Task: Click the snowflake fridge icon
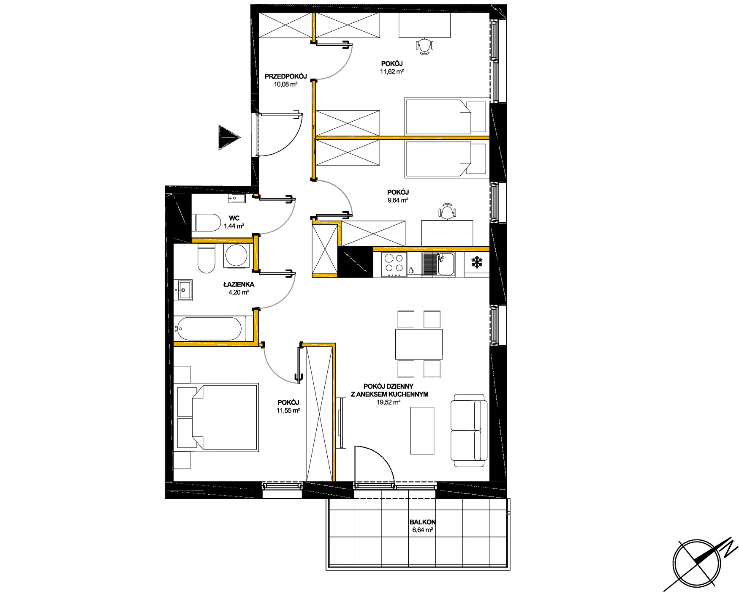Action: pyautogui.click(x=477, y=262)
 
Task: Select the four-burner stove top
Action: pyautogui.click(x=394, y=264)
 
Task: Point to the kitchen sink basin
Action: pyautogui.click(x=446, y=264)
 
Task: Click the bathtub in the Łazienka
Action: pyautogui.click(x=209, y=328)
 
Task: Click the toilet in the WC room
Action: pyautogui.click(x=206, y=223)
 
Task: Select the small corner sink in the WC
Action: pyautogui.click(x=236, y=198)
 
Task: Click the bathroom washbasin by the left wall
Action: pyautogui.click(x=185, y=290)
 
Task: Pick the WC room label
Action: pyautogui.click(x=234, y=218)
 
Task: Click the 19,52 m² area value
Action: pyautogui.click(x=389, y=403)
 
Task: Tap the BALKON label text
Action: pyautogui.click(x=422, y=522)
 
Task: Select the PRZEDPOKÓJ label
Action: pyautogui.click(x=285, y=76)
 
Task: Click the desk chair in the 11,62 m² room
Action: pyautogui.click(x=424, y=46)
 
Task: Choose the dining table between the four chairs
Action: pyautogui.click(x=419, y=344)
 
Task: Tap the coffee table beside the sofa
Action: pyautogui.click(x=422, y=430)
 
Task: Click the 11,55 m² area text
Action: pyautogui.click(x=288, y=411)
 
